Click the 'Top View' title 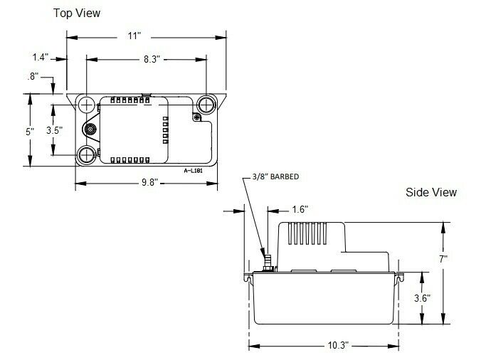coord(77,13)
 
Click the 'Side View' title coord(431,192)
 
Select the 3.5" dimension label coord(53,131)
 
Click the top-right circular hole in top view coord(206,105)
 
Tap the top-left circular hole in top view coord(87,105)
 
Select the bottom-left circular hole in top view coord(87,154)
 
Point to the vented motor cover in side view coord(313,238)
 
